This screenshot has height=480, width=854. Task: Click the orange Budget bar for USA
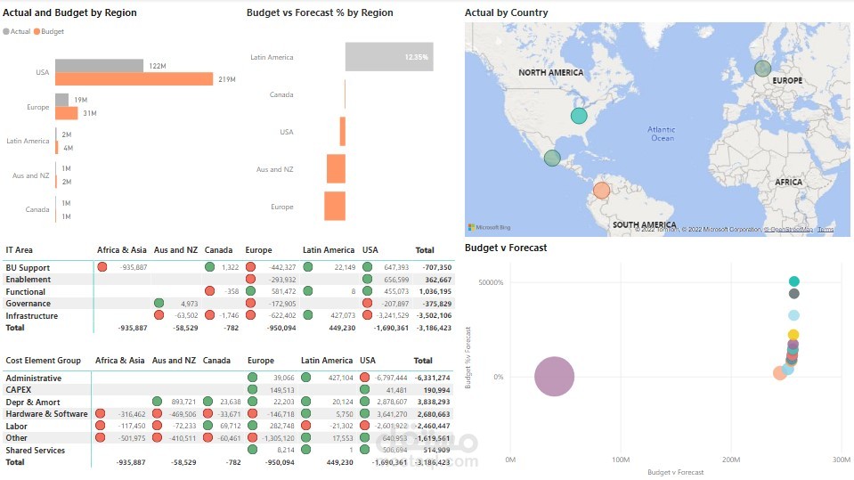click(134, 79)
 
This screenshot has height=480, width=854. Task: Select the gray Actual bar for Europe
click(61, 100)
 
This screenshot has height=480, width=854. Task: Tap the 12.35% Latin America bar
click(389, 56)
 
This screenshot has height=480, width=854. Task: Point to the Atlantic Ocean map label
click(662, 134)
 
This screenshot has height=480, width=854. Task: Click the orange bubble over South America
click(601, 190)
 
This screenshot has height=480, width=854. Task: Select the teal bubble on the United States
click(579, 115)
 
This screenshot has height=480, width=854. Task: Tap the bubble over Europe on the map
click(762, 69)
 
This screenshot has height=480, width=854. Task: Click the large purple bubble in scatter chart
click(555, 377)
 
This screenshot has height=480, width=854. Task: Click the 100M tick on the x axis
click(622, 460)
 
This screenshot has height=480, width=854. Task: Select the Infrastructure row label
click(31, 316)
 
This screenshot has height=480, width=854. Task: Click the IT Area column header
click(20, 250)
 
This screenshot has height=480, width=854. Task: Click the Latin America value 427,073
click(337, 316)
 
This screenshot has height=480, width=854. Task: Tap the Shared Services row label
click(35, 451)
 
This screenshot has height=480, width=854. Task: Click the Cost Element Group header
click(44, 361)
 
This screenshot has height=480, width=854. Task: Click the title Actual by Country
click(506, 13)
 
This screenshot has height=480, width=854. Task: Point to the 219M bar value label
click(226, 80)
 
